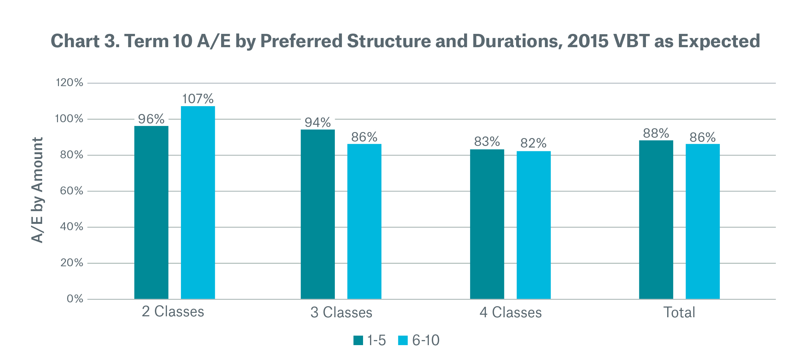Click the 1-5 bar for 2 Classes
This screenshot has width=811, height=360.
click(x=151, y=212)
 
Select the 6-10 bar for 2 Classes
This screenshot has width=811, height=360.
click(x=198, y=203)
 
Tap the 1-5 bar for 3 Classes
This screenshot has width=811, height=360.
click(x=317, y=214)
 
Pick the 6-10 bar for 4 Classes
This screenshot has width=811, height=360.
click(x=533, y=225)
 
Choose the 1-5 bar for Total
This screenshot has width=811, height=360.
click(x=656, y=219)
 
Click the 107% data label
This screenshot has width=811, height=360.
click(x=198, y=99)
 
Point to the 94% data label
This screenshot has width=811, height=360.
click(x=317, y=123)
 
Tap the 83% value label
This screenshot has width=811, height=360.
click(x=487, y=142)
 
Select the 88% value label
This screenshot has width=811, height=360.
click(x=656, y=133)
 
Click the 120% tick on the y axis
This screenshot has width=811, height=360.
click(x=69, y=83)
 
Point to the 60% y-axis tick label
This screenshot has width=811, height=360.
click(x=72, y=191)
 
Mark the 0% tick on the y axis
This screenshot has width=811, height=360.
click(x=75, y=299)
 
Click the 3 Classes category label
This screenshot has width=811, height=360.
click(x=341, y=312)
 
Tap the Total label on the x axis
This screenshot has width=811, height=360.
click(x=679, y=312)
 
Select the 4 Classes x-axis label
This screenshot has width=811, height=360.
click(x=510, y=312)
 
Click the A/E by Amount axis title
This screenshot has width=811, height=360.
click(x=37, y=190)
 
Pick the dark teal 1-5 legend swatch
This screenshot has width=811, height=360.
click(x=358, y=340)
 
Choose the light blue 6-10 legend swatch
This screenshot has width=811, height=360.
click(x=403, y=340)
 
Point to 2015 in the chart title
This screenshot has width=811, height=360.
click(x=587, y=41)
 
